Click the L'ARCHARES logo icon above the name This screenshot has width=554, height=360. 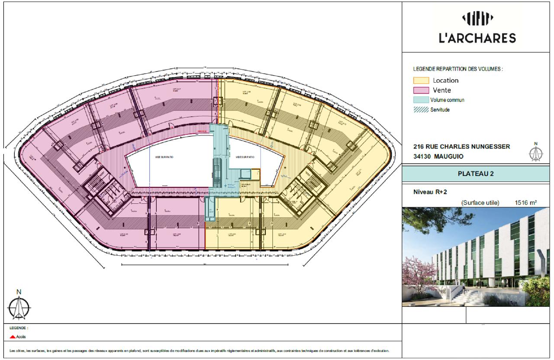point(478,19)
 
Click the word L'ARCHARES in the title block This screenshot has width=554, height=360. point(477,38)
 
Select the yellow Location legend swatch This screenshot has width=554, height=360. point(421,80)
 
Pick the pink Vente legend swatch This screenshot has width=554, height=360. point(421,90)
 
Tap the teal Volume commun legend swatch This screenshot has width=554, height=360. point(421,100)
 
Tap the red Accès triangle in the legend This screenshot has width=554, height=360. point(13,337)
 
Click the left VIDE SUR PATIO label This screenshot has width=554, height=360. point(161,157)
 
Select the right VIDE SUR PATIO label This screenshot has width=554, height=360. point(245,157)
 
